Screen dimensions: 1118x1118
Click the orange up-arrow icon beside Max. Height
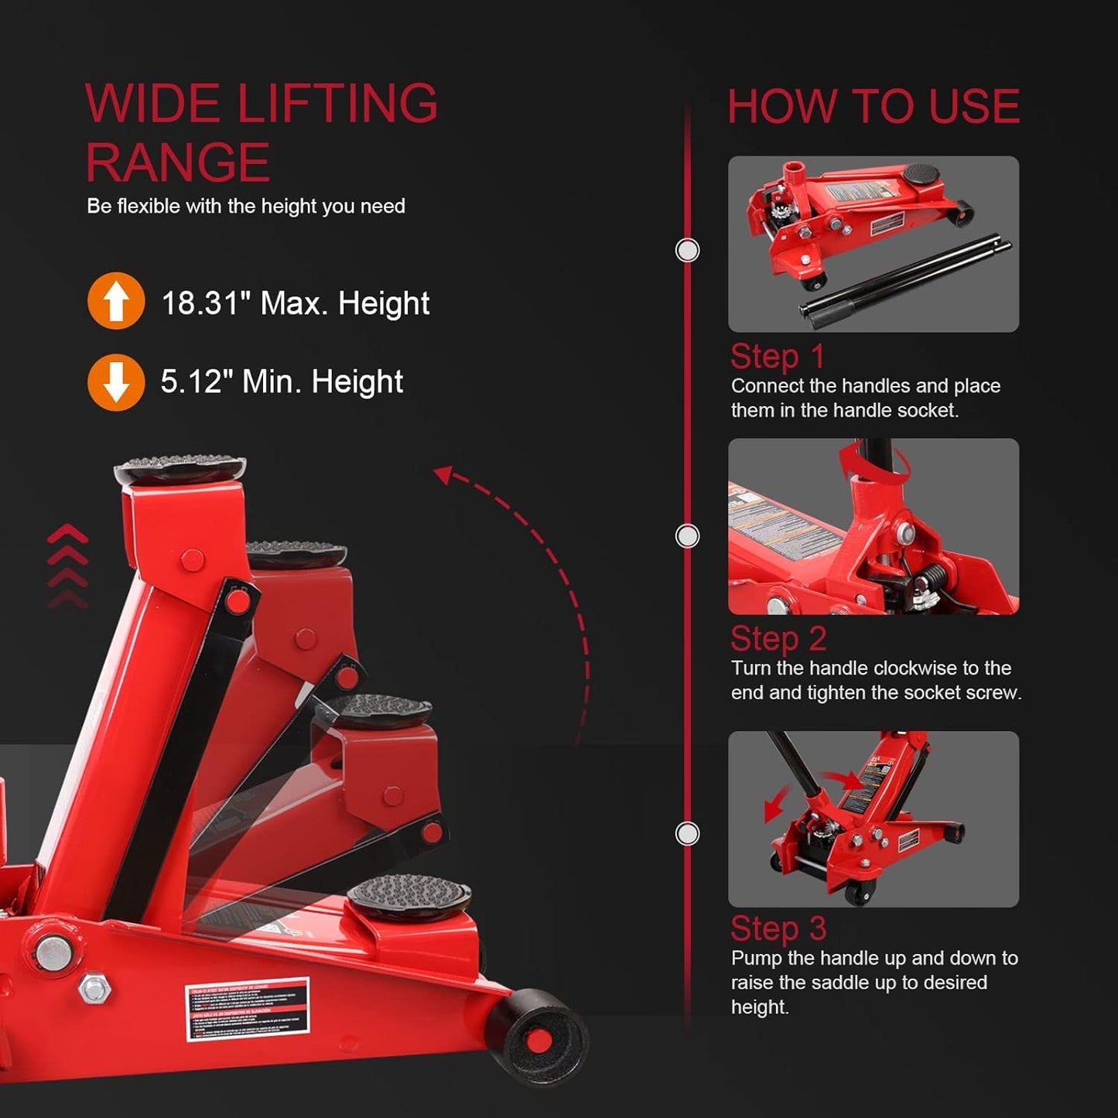(116, 301)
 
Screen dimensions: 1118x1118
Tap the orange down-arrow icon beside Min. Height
(116, 382)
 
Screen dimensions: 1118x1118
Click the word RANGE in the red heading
(178, 162)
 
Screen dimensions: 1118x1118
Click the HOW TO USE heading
(874, 106)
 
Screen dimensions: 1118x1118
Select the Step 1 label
(778, 357)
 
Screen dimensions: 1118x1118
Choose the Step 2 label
(778, 639)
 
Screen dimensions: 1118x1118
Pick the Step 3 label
(778, 928)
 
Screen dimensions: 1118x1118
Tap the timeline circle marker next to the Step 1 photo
(687, 251)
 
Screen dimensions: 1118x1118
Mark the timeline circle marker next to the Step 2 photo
(687, 536)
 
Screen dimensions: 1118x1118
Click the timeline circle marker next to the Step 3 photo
(687, 834)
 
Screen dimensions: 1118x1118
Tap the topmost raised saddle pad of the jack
(179, 469)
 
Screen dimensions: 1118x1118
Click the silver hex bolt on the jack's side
(94, 988)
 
